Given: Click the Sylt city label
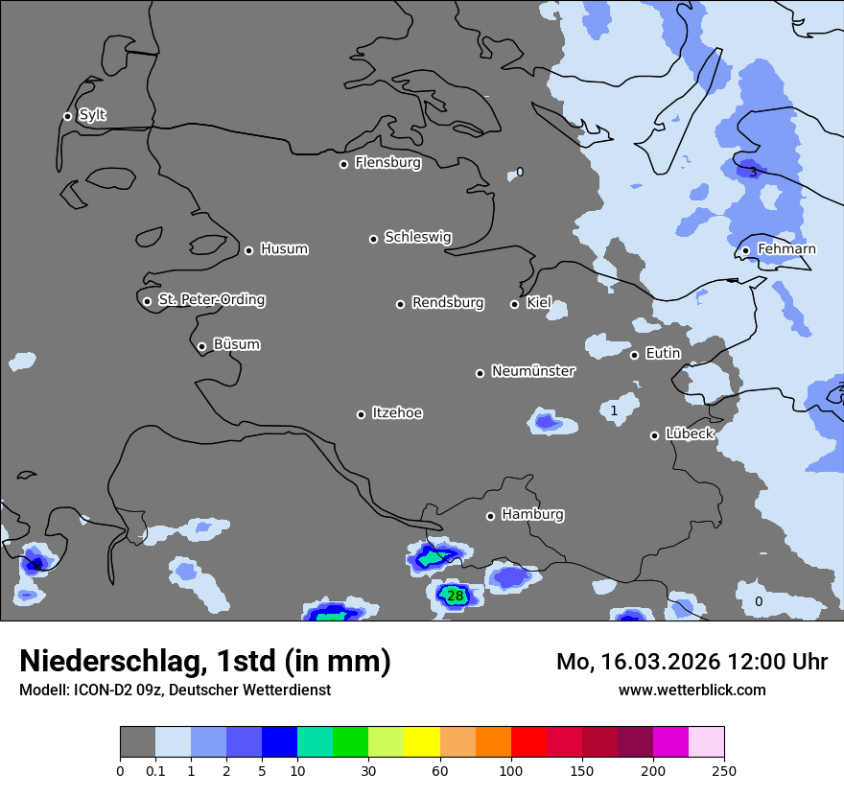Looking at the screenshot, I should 92,115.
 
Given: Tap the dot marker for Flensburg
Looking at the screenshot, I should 343,164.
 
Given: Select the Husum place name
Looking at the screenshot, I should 284,249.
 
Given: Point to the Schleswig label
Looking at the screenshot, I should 417,237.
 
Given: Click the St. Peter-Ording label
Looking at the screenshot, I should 211,300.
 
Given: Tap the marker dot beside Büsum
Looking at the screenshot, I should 201,347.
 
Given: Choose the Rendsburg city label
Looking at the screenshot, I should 447,303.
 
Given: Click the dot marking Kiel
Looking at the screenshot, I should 514,304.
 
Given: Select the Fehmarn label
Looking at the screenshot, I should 786,249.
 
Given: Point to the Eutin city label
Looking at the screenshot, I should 663,354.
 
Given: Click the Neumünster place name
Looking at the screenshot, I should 532,371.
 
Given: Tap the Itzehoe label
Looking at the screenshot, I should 397,413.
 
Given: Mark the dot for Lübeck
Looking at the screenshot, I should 654,435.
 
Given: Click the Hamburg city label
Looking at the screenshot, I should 532,515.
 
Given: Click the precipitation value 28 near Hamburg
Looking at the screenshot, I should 456,597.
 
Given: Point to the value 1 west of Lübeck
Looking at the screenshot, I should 614,410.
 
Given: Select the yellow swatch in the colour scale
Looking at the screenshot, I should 422,742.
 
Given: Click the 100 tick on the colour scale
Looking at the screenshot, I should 510,770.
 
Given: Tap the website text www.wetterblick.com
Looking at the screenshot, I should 692,690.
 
